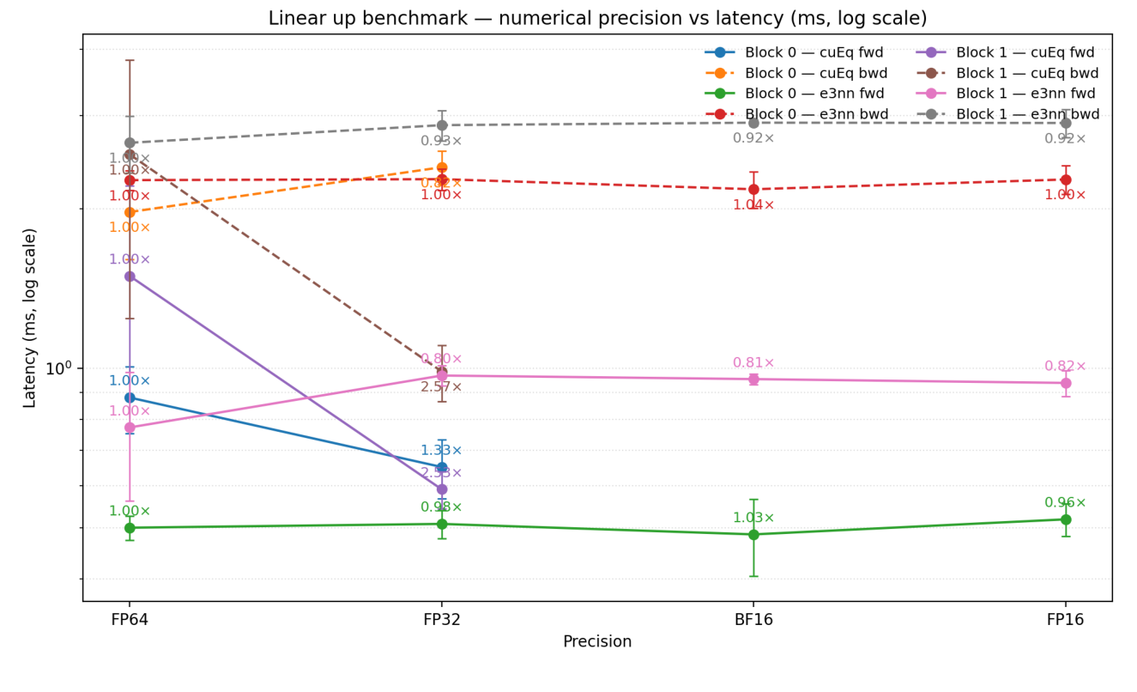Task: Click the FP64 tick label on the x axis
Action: [130, 620]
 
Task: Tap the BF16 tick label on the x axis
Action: [753, 620]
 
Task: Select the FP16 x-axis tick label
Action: [1066, 620]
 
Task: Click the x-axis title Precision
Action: [597, 642]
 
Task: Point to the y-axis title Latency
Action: [31, 318]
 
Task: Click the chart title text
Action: [597, 19]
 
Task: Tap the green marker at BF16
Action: [753, 534]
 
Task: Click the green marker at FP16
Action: [1066, 519]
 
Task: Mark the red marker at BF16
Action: [753, 190]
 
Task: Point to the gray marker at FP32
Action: [442, 125]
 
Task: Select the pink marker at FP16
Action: [1066, 383]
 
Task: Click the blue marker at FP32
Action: [442, 467]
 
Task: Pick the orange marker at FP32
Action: [442, 167]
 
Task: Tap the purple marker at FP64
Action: [130, 276]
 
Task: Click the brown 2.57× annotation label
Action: [441, 387]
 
